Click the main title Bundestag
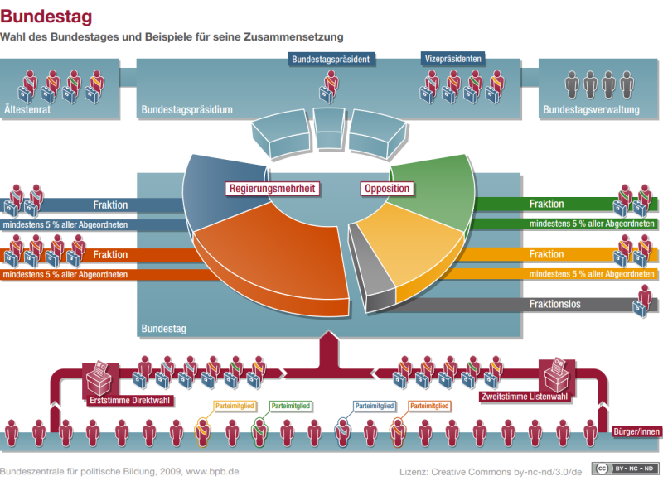click(46, 16)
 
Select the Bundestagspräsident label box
click(331, 59)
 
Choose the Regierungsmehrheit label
click(273, 189)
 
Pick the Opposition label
click(386, 189)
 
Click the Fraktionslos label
click(554, 304)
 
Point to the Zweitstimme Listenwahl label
click(525, 397)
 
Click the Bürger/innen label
click(636, 431)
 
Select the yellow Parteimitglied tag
click(234, 407)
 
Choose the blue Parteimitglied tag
click(374, 407)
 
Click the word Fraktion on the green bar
click(547, 204)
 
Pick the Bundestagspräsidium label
click(186, 109)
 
